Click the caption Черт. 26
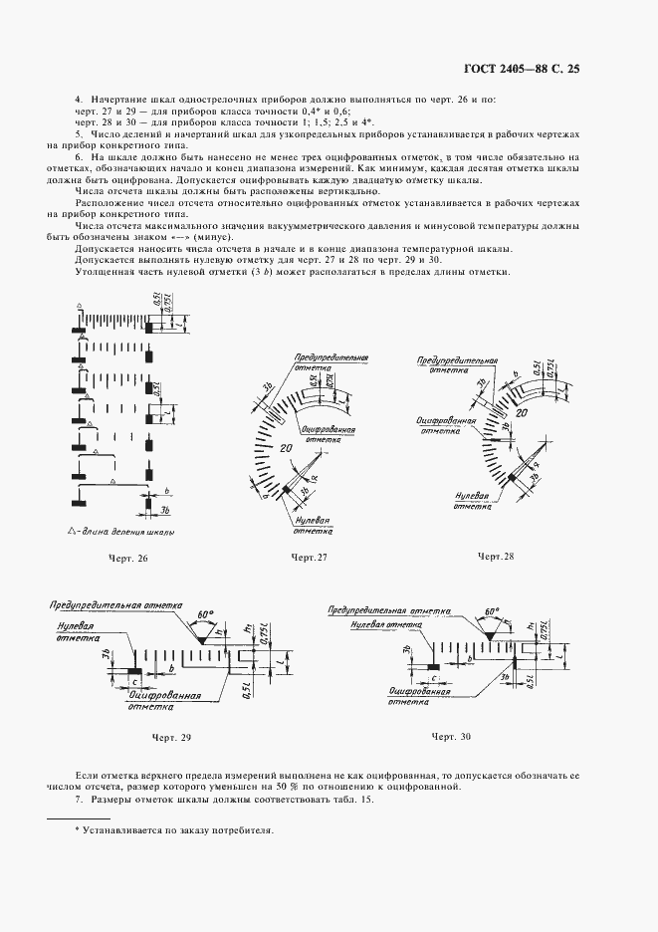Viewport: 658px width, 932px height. tap(128, 559)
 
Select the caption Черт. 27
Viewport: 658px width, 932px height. tap(309, 557)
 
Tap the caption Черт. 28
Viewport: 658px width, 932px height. tap(495, 556)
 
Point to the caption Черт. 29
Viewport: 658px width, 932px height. tap(171, 737)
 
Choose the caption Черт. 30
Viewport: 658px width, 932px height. tap(451, 736)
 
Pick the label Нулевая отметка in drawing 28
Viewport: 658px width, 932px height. tap(472, 500)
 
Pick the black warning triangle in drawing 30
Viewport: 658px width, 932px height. tap(491, 627)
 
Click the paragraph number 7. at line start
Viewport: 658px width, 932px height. tap(81, 800)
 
